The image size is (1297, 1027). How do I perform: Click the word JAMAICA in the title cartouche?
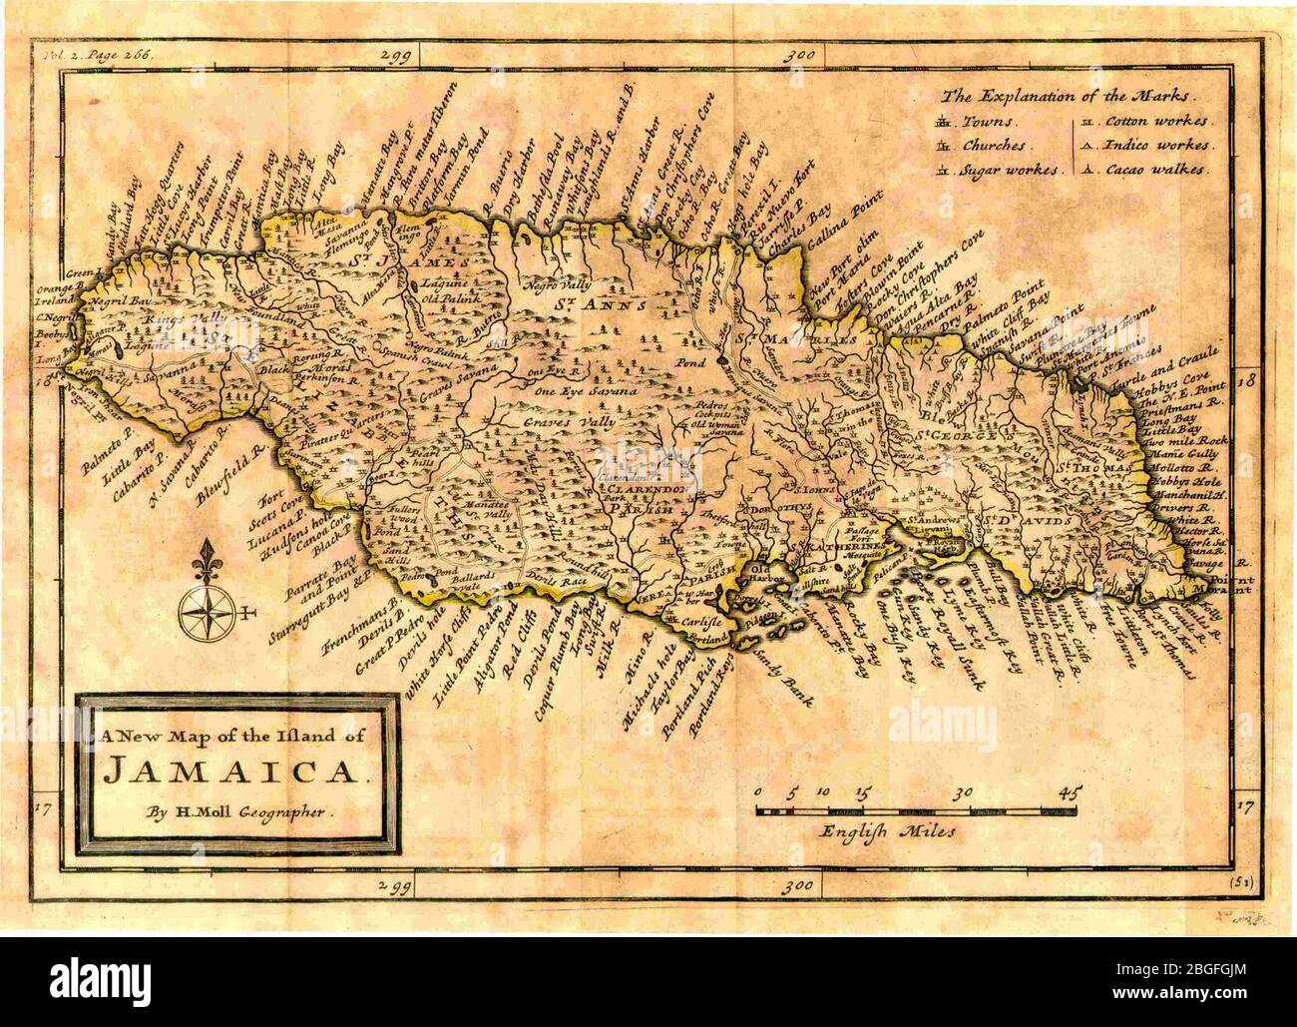click(x=230, y=770)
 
